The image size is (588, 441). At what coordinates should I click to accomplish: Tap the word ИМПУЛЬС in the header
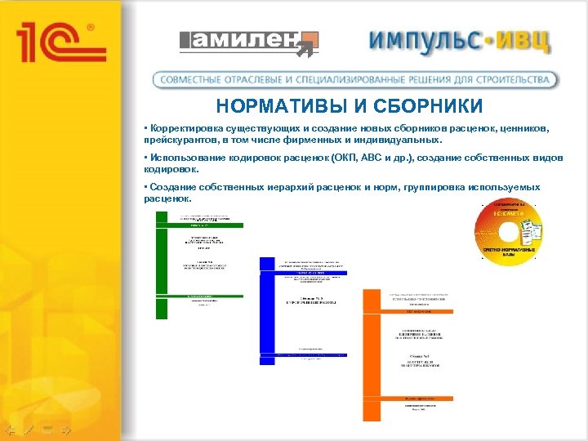point(425,41)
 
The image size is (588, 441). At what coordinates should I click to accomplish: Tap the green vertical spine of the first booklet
point(161,265)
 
